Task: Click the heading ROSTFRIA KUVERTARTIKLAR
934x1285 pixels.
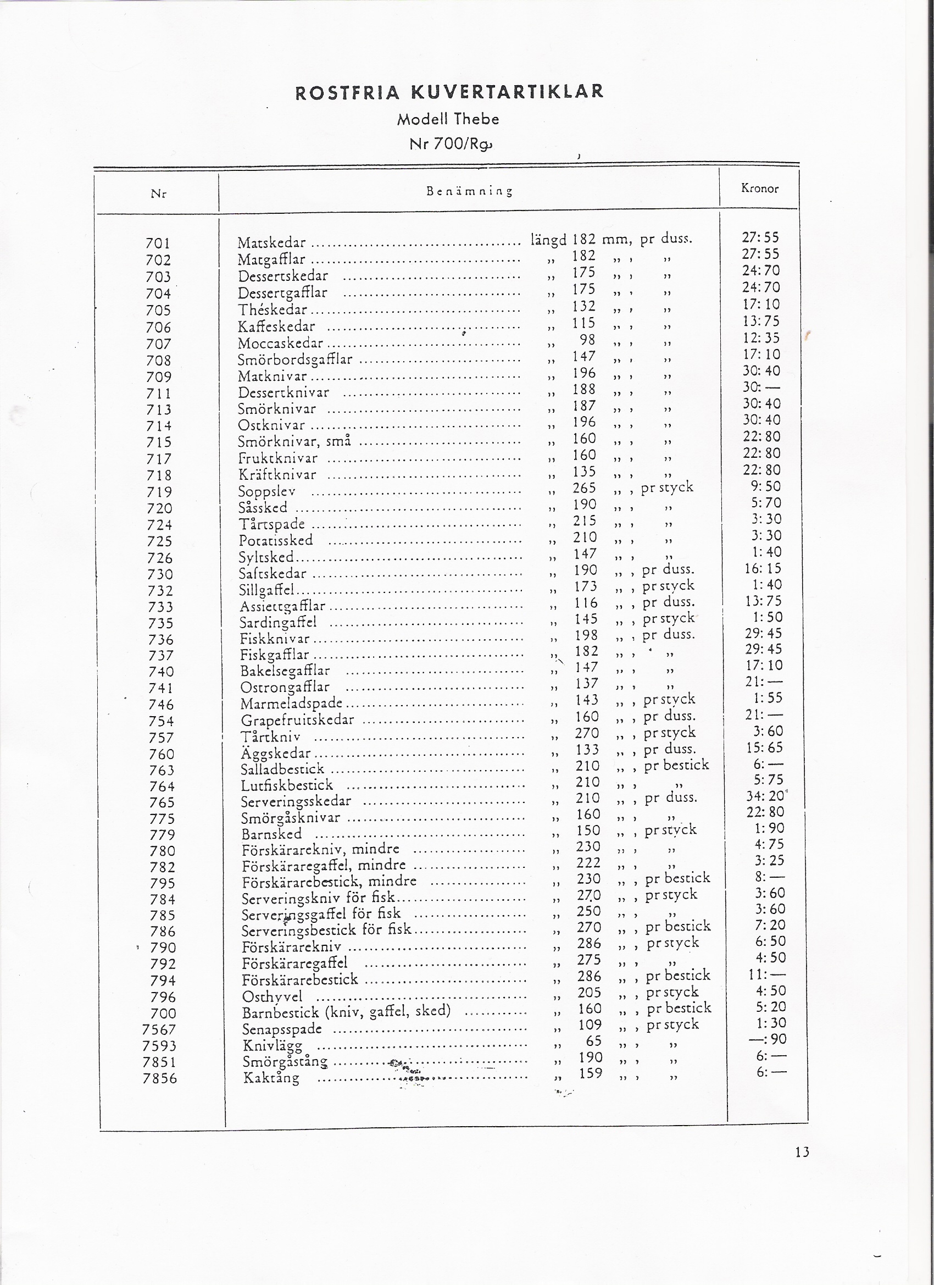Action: tap(449, 92)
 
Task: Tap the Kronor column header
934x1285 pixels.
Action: tap(759, 189)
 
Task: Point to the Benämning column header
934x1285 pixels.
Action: tap(469, 191)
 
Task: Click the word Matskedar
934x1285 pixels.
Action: tap(271, 243)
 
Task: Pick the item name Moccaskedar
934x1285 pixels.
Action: tap(280, 344)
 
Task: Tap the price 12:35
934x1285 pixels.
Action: tap(761, 337)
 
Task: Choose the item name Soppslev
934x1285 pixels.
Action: tap(267, 491)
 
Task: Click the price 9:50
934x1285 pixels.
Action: tap(765, 486)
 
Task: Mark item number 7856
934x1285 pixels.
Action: tap(160, 1078)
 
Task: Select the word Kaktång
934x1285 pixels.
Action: tap(271, 1078)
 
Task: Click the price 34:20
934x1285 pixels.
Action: tap(765, 796)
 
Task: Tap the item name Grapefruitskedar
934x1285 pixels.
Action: tap(297, 720)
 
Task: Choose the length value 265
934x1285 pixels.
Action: tap(584, 488)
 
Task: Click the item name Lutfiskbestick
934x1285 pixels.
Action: tap(287, 785)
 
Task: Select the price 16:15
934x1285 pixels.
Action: tap(763, 568)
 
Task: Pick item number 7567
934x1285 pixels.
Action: tap(159, 1029)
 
